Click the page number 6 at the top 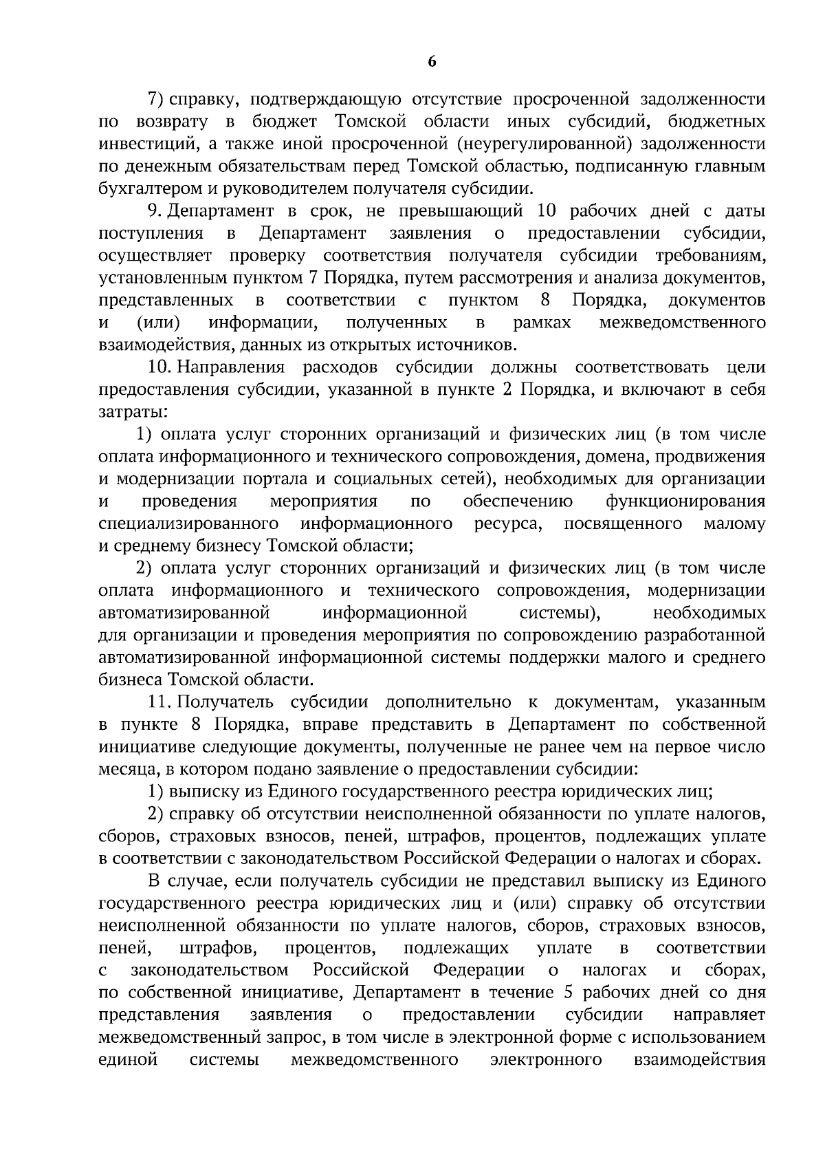point(431,61)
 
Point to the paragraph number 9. point(155,210)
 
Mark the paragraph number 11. point(159,702)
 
